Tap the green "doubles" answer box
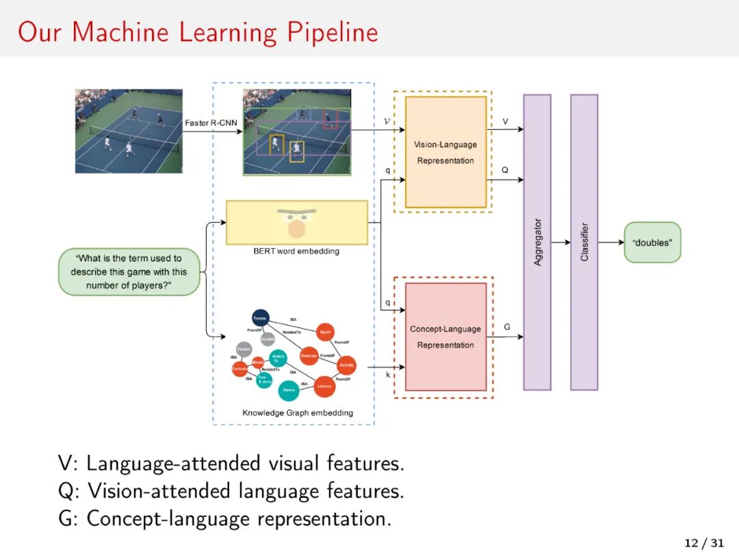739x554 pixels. coord(652,242)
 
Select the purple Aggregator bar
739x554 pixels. coord(537,242)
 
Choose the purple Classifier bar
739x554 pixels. coord(584,242)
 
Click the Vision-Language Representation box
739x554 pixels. coord(445,152)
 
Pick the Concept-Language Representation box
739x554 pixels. coord(445,337)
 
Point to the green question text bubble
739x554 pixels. coord(129,272)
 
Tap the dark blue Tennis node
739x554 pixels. coord(260,317)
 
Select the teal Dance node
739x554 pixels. coord(288,391)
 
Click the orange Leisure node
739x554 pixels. coord(324,386)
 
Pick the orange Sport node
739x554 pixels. coord(325,332)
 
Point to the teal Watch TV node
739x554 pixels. coord(278,358)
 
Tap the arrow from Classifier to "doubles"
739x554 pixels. coord(610,242)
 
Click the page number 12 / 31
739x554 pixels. coord(703,543)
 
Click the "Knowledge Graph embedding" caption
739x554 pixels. coord(298,413)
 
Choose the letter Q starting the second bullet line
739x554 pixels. coord(66,491)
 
